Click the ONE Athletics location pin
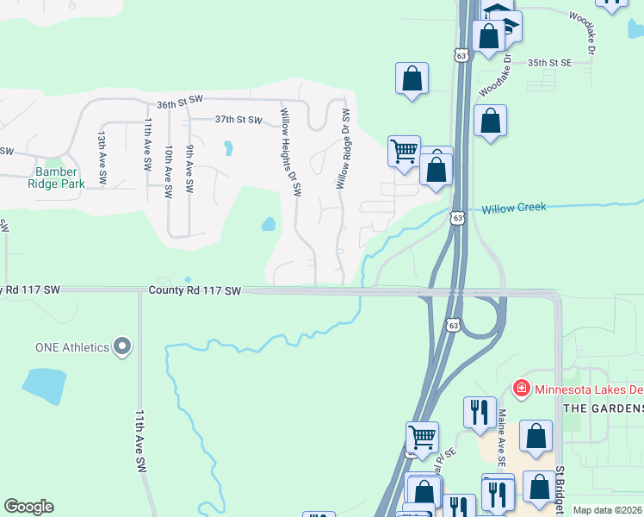[x=122, y=347]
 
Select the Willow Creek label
[x=513, y=209]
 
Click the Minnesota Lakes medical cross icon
[x=521, y=389]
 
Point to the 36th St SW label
[x=178, y=103]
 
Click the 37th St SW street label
[x=238, y=120]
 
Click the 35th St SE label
[x=550, y=63]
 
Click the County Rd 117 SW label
[x=194, y=292]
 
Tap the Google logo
[x=28, y=507]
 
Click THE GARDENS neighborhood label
[x=603, y=408]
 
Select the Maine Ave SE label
[x=500, y=433]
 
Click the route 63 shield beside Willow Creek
[x=457, y=217]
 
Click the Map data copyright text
[x=607, y=510]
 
